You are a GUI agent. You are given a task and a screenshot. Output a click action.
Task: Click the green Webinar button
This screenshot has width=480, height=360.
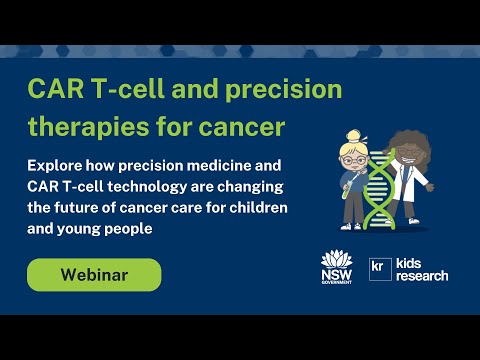(94, 275)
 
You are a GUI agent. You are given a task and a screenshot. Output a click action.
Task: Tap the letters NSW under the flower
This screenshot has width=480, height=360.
(334, 273)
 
